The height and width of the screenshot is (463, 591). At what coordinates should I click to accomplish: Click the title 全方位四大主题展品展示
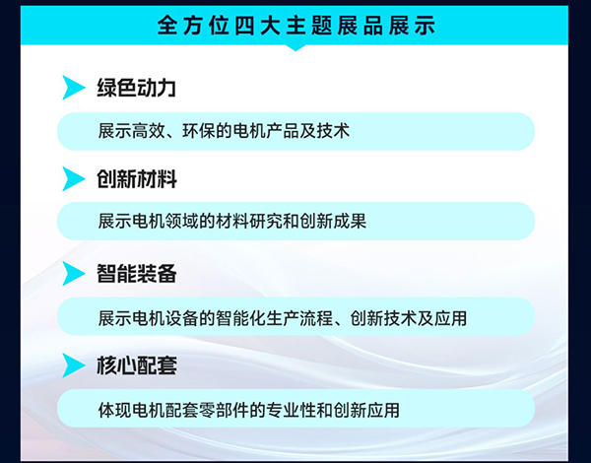click(x=296, y=26)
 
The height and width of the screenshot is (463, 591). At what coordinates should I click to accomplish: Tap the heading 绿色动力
click(x=137, y=88)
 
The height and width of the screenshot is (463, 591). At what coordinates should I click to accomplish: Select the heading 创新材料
click(x=137, y=178)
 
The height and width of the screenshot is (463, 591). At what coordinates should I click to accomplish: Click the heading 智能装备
click(x=137, y=273)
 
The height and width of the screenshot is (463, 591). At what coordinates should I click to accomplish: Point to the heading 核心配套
click(x=137, y=364)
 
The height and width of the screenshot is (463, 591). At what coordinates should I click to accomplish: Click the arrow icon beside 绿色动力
click(x=74, y=88)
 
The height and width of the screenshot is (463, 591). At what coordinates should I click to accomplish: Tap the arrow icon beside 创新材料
click(x=74, y=178)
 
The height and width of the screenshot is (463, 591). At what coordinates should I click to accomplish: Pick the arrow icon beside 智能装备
click(x=74, y=273)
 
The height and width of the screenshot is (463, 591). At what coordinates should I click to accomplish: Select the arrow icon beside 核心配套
click(x=74, y=364)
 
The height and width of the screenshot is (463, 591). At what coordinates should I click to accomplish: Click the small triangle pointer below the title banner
click(x=295, y=47)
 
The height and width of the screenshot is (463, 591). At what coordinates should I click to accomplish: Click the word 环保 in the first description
click(x=199, y=131)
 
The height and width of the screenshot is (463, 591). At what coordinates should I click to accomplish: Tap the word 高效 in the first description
click(x=149, y=131)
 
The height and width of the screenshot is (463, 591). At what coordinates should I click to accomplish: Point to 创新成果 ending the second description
click(x=333, y=221)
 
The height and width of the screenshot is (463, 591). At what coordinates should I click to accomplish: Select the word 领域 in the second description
click(x=181, y=221)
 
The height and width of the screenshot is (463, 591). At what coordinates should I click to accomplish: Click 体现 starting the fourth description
click(x=114, y=410)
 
